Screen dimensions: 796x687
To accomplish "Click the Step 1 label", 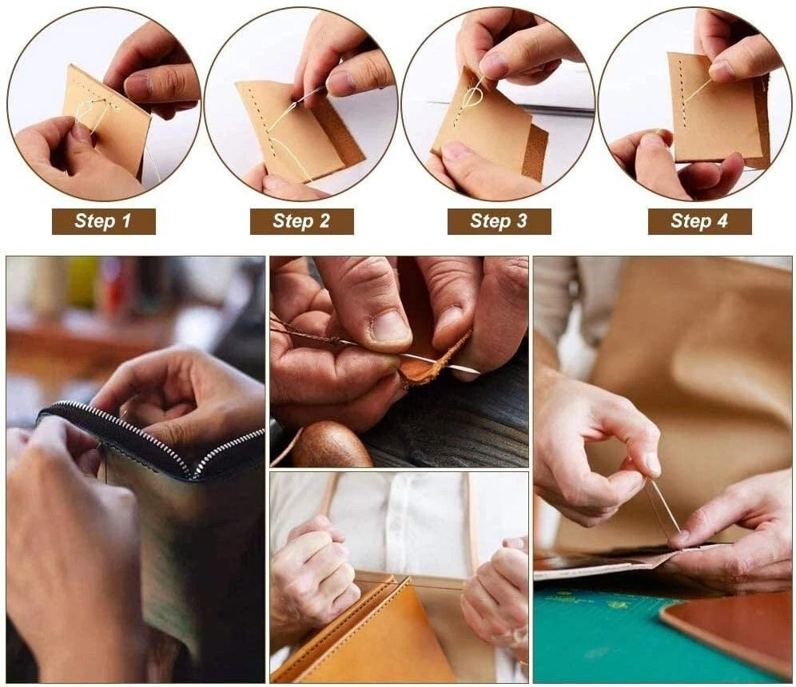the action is [x=104, y=221].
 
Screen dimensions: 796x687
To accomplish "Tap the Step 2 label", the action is [x=301, y=221].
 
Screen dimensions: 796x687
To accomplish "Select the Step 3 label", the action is [x=499, y=221].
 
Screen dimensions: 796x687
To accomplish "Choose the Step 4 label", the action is [x=699, y=221].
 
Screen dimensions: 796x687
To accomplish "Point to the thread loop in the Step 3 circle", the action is [x=473, y=97].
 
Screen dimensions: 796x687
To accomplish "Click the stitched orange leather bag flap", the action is [x=365, y=634].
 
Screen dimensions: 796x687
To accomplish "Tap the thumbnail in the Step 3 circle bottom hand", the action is [x=457, y=151].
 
